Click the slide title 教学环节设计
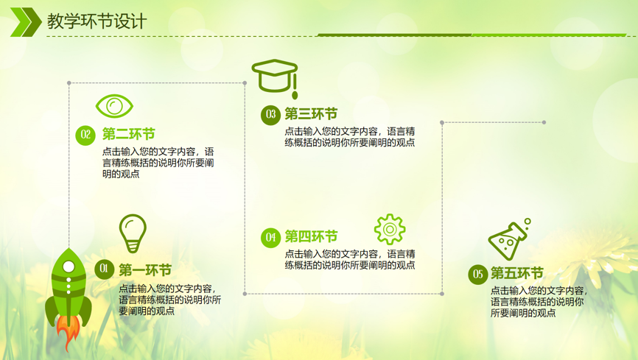(x=97, y=21)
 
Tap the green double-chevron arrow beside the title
(x=26, y=22)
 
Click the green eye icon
(x=114, y=106)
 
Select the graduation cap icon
(x=275, y=78)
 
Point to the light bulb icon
(x=133, y=233)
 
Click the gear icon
(x=390, y=230)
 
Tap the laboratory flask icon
(x=508, y=239)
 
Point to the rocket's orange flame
(x=68, y=332)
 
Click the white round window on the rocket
(x=69, y=267)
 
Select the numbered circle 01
(x=104, y=269)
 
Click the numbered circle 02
(x=85, y=135)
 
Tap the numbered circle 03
(x=270, y=115)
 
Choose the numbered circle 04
(x=270, y=237)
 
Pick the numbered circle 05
(x=478, y=274)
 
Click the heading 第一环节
(x=145, y=270)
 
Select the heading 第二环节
(x=129, y=134)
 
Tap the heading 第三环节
(x=312, y=114)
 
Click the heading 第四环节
(x=312, y=236)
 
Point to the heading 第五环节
(x=517, y=273)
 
